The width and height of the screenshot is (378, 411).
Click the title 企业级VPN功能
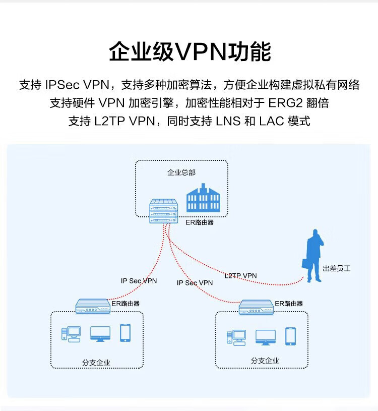coord(190,51)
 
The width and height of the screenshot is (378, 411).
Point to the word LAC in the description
coord(272,121)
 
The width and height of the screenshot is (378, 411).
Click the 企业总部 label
coord(181,172)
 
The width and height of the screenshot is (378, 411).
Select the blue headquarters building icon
coord(203,198)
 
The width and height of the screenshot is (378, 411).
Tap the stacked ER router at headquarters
coord(164,211)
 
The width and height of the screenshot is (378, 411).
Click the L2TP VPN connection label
coord(240,275)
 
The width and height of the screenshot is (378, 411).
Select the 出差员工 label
coord(336,268)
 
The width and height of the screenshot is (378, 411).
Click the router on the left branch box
coord(93,306)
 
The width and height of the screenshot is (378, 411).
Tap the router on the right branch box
coord(256,307)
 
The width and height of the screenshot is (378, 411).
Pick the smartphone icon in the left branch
coord(125,333)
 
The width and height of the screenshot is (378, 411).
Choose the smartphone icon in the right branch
coord(290,336)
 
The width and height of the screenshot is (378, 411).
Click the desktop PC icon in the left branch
coord(71,334)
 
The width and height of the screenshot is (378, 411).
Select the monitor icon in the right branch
coord(266,337)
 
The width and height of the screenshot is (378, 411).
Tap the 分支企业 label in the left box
coord(96,363)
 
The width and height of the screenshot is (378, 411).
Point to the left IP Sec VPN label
coord(139,281)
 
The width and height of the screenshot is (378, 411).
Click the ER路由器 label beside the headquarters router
coord(200,222)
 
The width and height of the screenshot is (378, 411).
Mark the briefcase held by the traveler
coord(306,264)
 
